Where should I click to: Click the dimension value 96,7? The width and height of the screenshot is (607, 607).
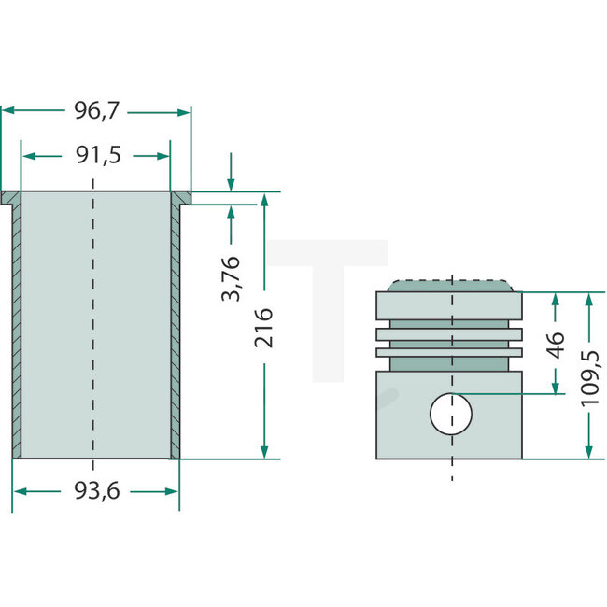point(97,111)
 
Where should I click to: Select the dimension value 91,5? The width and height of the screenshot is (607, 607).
point(98,155)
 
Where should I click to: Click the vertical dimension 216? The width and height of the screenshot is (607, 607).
point(264,327)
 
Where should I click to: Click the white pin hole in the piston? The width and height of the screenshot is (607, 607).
point(451,414)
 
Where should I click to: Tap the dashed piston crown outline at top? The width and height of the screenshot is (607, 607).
point(452,283)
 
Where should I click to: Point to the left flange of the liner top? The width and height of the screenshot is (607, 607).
point(11,198)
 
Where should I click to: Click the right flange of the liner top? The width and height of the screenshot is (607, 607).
point(181,198)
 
